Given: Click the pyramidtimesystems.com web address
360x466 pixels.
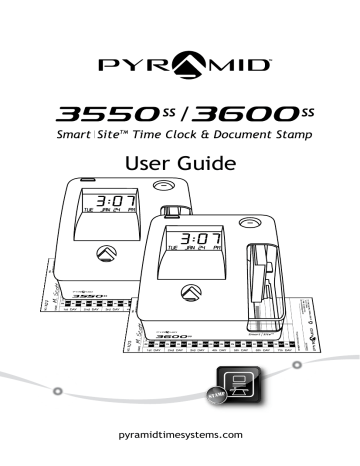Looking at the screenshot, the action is pos(180,436).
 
